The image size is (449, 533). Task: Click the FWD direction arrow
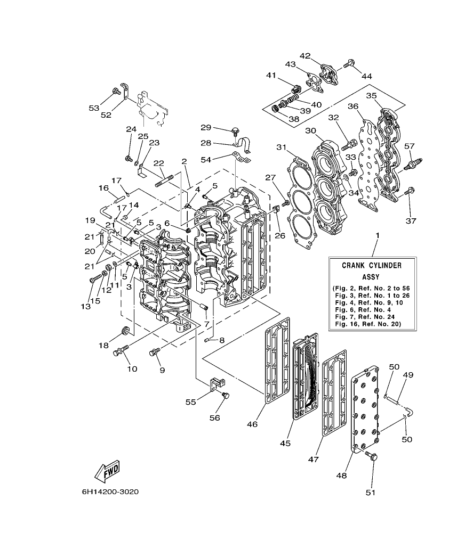tap(108, 471)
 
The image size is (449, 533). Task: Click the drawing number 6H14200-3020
tap(111, 491)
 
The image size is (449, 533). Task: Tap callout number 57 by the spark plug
tap(410, 146)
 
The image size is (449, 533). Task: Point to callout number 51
tap(371, 493)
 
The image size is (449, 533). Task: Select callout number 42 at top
tap(304, 55)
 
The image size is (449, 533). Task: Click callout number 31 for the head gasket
tap(281, 147)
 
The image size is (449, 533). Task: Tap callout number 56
tap(214, 418)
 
